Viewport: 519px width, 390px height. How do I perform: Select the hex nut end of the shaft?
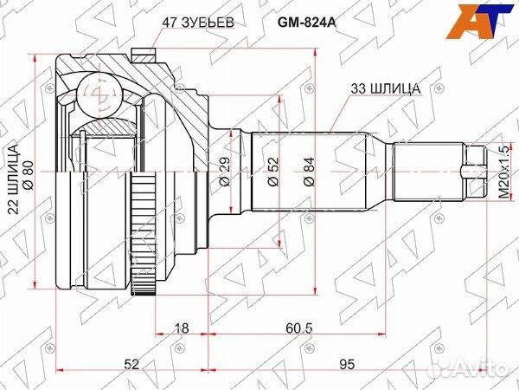click(472, 172)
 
